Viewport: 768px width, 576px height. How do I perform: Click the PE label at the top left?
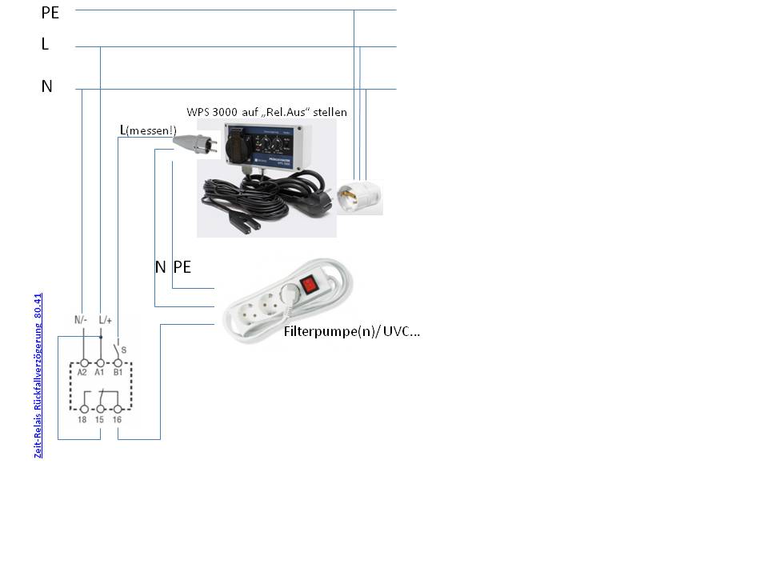coord(50,13)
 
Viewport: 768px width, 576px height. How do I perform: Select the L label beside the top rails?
coord(46,45)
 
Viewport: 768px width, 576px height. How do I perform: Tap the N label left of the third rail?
coord(47,86)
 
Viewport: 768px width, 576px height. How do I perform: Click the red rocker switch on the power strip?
coord(310,283)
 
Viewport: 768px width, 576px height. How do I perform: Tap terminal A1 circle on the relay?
coord(99,362)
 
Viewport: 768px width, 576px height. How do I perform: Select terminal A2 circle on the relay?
coord(82,362)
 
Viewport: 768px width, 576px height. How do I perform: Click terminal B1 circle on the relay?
coord(118,362)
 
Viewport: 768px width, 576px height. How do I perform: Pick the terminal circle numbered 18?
coord(82,409)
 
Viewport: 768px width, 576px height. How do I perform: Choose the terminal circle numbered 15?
coord(99,409)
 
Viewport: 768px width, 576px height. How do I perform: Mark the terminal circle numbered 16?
coord(118,409)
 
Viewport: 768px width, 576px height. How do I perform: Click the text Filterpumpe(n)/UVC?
coord(351,331)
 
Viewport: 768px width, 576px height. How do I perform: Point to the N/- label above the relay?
coord(81,320)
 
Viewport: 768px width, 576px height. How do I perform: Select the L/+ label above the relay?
coord(105,320)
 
